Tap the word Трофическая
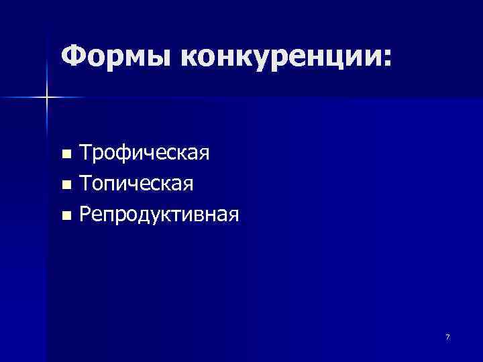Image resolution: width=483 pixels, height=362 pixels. click(144, 154)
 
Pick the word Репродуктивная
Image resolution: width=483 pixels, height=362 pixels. click(159, 215)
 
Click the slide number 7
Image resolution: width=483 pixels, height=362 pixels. click(447, 337)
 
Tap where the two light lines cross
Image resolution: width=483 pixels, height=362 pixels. click(47, 98)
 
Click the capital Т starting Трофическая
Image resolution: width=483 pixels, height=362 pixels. click(85, 154)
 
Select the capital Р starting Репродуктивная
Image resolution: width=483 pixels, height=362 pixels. click(85, 215)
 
